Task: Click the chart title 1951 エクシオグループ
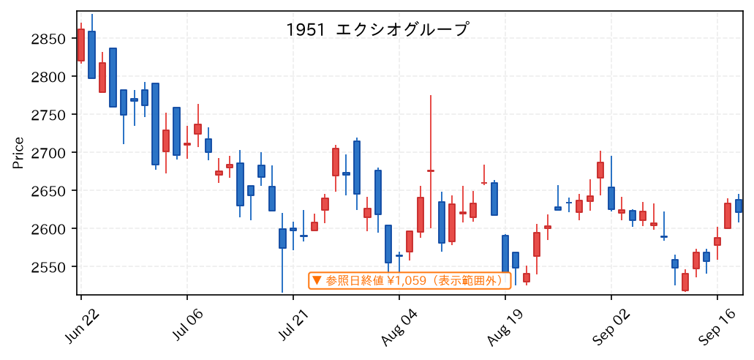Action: tap(377, 30)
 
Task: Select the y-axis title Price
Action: tap(18, 153)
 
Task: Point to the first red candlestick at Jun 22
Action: tap(80, 45)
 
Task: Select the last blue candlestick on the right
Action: tap(739, 206)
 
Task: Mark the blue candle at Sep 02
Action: tap(611, 198)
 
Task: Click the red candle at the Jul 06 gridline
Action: tap(187, 144)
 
